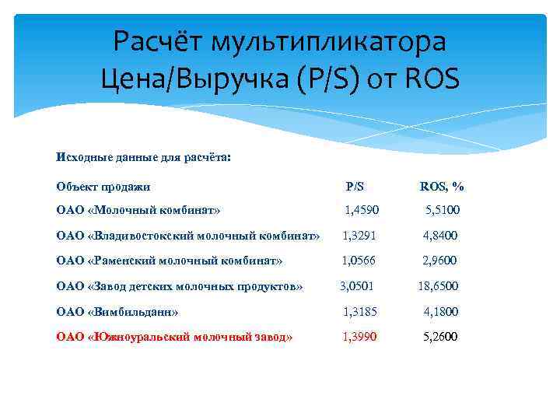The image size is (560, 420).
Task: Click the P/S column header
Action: pos(355,187)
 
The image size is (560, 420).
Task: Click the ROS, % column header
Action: pos(442,187)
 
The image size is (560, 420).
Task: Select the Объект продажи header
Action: pos(103,187)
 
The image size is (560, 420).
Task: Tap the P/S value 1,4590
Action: pos(362,210)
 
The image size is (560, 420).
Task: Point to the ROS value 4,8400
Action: pos(440,236)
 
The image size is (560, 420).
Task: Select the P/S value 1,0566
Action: pos(360,261)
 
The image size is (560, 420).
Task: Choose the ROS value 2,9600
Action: pos(440,261)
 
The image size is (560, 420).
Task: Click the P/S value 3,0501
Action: pos(358,286)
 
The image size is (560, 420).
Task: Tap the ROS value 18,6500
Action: pos(438,286)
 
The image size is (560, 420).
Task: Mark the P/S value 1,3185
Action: pos(362,312)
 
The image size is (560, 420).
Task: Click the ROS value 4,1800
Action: pos(441,312)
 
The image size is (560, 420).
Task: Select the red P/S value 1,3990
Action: pos(362,337)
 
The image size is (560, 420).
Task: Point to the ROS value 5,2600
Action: pos(441,337)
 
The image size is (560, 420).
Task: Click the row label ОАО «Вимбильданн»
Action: pos(117,312)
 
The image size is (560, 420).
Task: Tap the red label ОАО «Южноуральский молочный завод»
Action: pos(174,337)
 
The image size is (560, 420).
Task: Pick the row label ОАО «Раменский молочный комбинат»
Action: pos(170,261)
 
